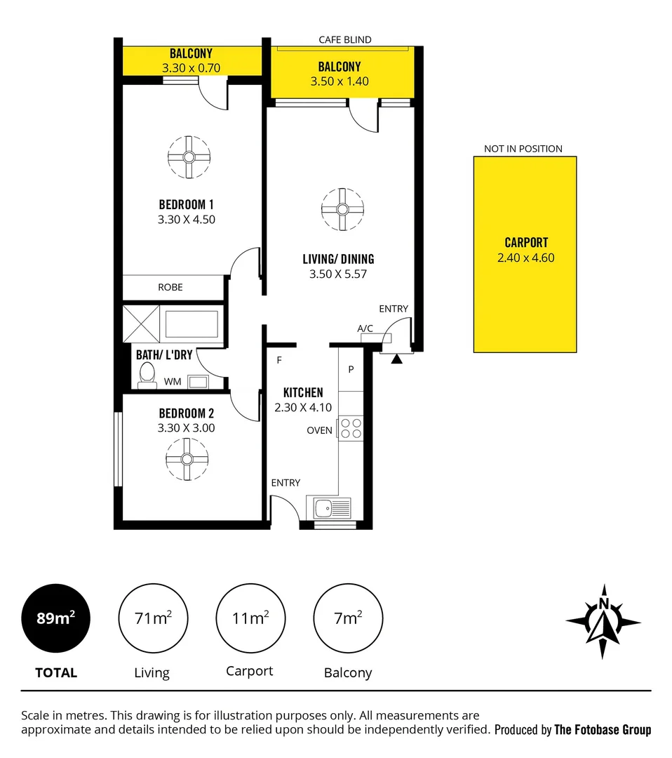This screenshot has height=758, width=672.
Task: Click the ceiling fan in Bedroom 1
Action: tap(189, 157)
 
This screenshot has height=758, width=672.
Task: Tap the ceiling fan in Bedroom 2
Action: tap(187, 459)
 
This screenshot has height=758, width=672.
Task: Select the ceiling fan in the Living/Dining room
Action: tap(342, 209)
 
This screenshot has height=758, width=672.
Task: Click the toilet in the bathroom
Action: tap(147, 375)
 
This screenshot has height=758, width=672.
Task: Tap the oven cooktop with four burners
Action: tap(351, 427)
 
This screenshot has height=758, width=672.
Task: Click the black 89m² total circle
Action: tap(56, 618)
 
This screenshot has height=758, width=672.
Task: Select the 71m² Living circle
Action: tap(153, 618)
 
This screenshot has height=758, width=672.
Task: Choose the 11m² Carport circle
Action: tap(250, 618)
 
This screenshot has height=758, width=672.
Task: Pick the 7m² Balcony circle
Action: tap(347, 618)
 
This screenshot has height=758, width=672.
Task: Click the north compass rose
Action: tap(603, 621)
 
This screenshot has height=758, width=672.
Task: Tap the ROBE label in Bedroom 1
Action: tap(170, 287)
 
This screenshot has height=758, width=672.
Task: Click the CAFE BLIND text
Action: tap(345, 40)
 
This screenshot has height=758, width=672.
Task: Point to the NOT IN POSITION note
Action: tap(523, 149)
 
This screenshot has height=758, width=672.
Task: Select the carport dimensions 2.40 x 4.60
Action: tap(525, 258)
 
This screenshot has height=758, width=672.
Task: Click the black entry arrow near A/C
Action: tap(396, 359)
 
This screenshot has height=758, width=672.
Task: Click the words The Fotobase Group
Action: tap(603, 730)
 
